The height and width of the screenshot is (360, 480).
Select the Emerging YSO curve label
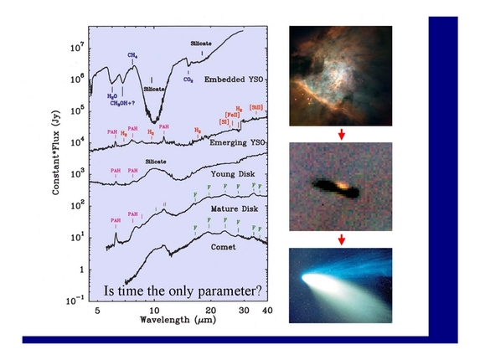click(x=235, y=143)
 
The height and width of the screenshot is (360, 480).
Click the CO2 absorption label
click(x=190, y=81)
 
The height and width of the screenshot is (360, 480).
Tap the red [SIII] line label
click(x=256, y=108)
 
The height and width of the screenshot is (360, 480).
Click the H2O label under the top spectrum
click(x=112, y=96)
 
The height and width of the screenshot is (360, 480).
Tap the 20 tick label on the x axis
click(x=213, y=310)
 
